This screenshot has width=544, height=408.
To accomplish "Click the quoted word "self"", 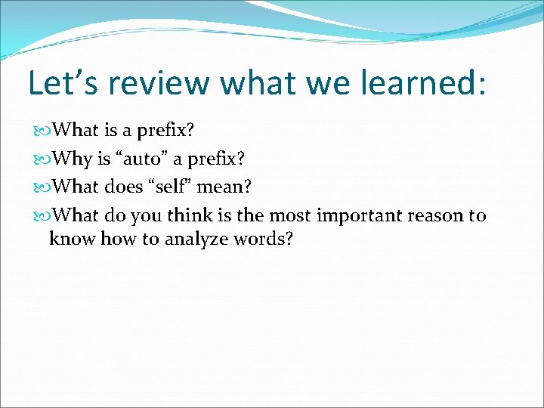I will pos(171,187).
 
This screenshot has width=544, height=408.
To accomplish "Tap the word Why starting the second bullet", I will pos(74,159).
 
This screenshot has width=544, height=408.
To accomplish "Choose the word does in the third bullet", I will pos(122,187).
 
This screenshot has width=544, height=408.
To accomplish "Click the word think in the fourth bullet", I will pos(190,216).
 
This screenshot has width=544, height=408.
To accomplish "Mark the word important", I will pos(359,216).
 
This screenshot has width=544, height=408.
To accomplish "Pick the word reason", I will pos(436,216).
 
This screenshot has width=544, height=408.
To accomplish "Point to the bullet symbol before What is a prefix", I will pos(45,131).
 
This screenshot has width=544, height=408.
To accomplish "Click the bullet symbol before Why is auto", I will pos(45,159).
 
